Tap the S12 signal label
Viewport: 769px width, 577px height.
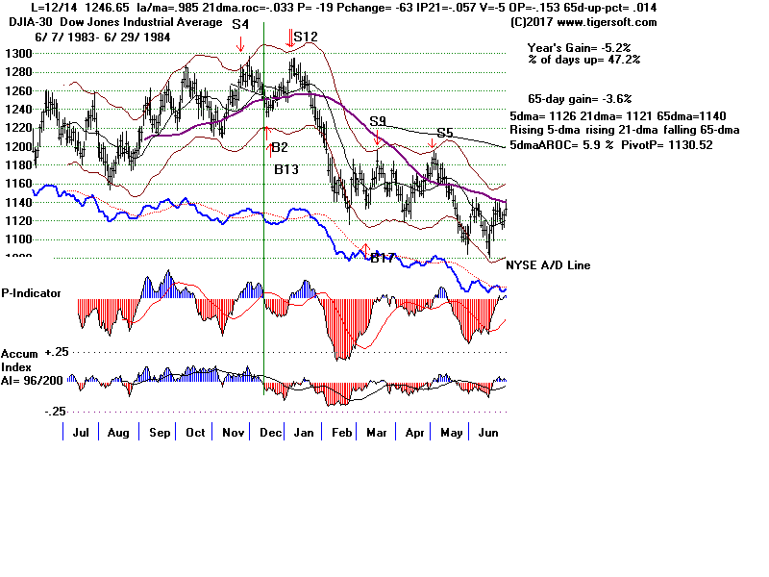(x=306, y=37)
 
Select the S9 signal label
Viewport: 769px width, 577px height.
(x=378, y=121)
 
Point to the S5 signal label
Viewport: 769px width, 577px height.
(x=444, y=133)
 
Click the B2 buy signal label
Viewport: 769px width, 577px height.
(x=280, y=147)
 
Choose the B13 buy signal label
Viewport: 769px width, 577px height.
(x=286, y=169)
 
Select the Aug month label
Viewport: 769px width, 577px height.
(x=118, y=433)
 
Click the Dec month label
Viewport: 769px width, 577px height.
(x=270, y=433)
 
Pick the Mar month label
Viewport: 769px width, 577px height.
(x=377, y=433)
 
